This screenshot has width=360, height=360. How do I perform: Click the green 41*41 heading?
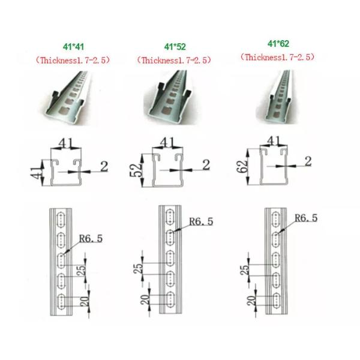pyautogui.click(x=73, y=47)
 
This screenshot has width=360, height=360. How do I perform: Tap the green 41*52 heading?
pyautogui.click(x=175, y=47)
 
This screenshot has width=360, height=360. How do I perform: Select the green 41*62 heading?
pyautogui.click(x=278, y=44)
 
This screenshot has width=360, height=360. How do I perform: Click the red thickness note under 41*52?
pyautogui.click(x=174, y=61)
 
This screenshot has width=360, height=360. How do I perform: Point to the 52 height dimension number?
pyautogui.click(x=136, y=170)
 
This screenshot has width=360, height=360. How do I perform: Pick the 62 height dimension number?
pyautogui.click(x=242, y=166)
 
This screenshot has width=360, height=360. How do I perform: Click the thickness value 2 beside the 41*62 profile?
pyautogui.click(x=308, y=161)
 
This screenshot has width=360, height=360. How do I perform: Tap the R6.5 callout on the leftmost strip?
pyautogui.click(x=91, y=239)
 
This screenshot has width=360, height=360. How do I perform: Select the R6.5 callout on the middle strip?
pyautogui.click(x=201, y=221)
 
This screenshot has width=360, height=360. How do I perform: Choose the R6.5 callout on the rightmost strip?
pyautogui.click(x=306, y=218)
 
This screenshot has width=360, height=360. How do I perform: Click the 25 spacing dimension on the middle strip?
pyautogui.click(x=139, y=268)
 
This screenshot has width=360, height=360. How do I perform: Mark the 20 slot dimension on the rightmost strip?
pyautogui.click(x=251, y=301)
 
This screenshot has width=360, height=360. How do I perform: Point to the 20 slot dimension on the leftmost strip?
pyautogui.click(x=85, y=301)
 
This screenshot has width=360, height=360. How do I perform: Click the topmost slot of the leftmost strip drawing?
pyautogui.click(x=61, y=220)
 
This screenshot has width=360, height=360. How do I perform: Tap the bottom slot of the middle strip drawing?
pyautogui.click(x=170, y=299)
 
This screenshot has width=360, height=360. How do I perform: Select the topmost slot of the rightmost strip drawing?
pyautogui.click(x=275, y=220)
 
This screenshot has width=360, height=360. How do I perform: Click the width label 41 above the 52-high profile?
pyautogui.click(x=167, y=143)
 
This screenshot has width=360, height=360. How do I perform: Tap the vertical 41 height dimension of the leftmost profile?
pyautogui.click(x=37, y=173)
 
